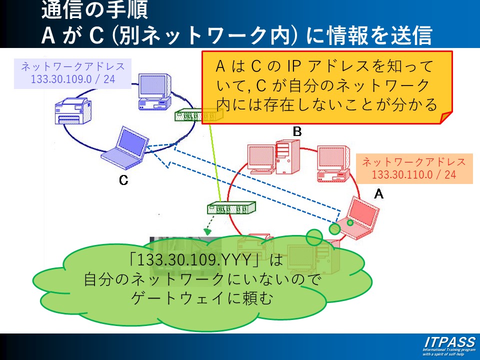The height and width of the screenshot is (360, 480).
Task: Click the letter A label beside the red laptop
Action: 379,193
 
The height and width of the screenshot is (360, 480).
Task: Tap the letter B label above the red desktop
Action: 297,131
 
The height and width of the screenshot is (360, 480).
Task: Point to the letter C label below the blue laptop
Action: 123,180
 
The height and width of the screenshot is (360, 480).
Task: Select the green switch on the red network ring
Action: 230,207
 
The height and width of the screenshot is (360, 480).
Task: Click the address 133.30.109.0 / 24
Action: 72,79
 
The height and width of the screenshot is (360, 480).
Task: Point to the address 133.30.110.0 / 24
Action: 414,174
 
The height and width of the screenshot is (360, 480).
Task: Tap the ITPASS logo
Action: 449,342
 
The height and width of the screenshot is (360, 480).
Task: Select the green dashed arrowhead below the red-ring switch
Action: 207,231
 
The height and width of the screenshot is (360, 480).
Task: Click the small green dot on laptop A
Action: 350,222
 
